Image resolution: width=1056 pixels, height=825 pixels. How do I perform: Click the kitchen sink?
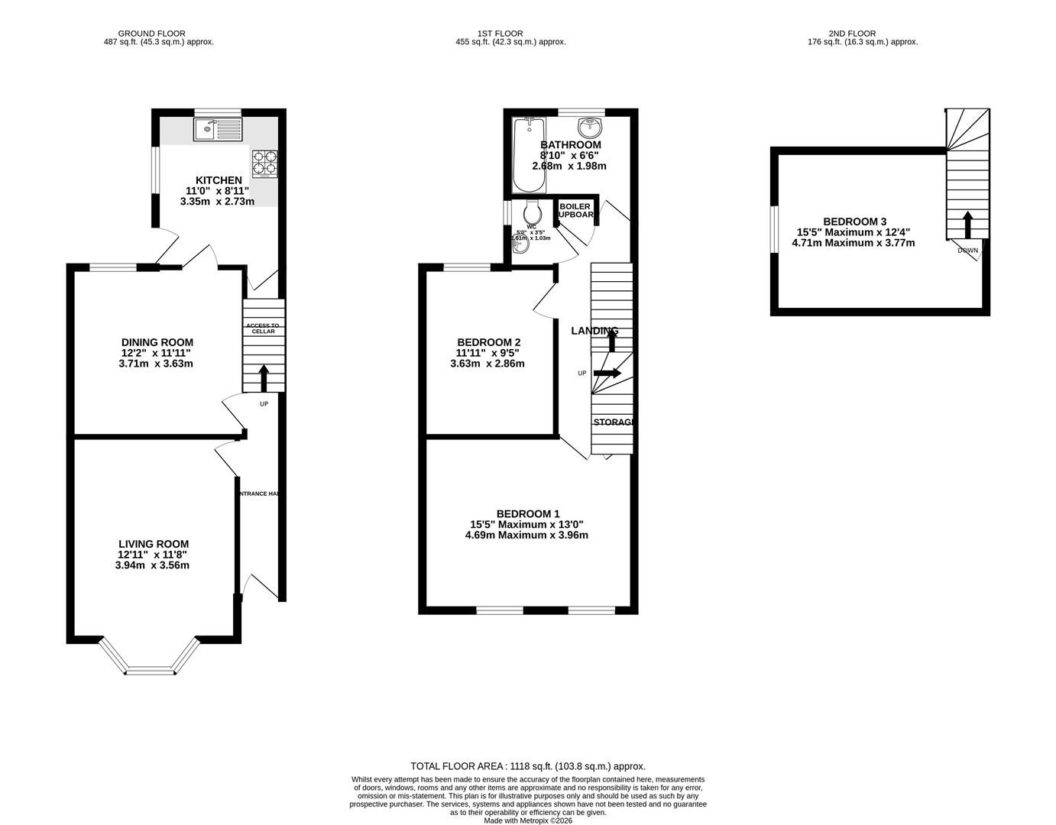point(218,130)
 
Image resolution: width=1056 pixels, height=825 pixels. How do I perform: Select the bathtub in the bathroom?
point(528,155)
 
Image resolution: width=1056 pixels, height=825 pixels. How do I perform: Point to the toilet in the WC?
point(533,210)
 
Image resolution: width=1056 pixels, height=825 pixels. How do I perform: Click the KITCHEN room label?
point(219,180)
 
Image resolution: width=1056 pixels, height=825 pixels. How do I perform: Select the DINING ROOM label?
point(157,342)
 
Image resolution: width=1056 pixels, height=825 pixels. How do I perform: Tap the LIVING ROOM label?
point(153,544)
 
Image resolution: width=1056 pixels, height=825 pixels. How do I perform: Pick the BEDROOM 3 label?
point(854,222)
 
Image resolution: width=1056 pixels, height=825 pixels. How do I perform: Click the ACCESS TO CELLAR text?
point(263,328)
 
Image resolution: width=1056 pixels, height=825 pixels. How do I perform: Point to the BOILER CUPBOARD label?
point(575,211)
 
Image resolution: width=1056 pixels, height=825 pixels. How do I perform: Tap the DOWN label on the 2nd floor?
point(967,251)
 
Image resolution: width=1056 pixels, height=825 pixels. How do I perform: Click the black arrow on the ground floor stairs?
point(264,378)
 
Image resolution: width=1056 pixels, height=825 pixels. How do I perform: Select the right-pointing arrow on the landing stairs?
point(607,373)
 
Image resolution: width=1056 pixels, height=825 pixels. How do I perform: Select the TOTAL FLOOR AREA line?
point(528,765)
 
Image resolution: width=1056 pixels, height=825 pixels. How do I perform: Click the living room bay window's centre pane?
point(151,672)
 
